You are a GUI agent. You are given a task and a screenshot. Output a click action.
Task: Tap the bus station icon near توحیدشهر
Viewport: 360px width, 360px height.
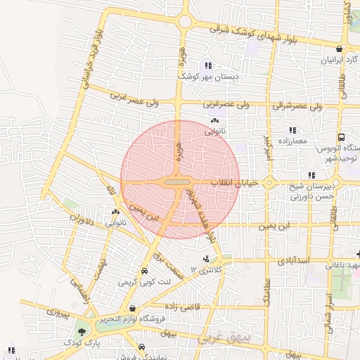[341, 138]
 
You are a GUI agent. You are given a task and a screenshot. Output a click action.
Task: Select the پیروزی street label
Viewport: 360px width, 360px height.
[57, 311]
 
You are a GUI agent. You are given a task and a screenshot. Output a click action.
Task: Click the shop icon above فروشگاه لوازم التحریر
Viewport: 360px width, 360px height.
[131, 308]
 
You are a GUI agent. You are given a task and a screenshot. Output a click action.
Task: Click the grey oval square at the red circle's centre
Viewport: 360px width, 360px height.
[177, 182]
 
